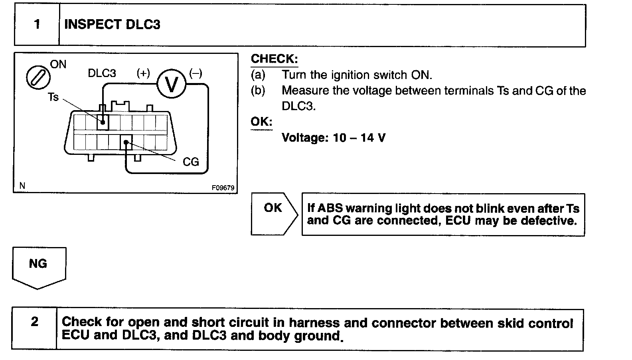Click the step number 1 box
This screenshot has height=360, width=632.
pos(37,25)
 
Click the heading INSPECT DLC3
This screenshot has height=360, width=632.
pos(112,25)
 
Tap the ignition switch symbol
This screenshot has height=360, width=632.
pos(38,77)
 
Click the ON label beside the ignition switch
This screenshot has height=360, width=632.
pos(58,65)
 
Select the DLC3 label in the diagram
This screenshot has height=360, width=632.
pos(102,73)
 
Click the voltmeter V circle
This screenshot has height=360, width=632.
pos(172,84)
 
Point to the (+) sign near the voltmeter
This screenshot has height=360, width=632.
pos(143,73)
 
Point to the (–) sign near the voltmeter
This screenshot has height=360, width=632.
pos(196,73)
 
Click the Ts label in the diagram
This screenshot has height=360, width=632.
pos(53,97)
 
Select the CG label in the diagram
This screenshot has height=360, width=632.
pos(190,162)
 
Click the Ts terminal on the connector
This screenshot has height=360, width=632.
pos(103,122)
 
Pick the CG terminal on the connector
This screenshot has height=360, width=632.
pos(126,142)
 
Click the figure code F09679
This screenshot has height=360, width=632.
pos(223,188)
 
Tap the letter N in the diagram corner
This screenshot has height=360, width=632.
pos(22,186)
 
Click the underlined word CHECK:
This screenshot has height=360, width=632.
pos(274,59)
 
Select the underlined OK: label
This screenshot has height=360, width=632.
pos(261,121)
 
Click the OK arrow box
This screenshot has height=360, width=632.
pos(274,214)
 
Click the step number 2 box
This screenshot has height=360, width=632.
pos(35,322)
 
